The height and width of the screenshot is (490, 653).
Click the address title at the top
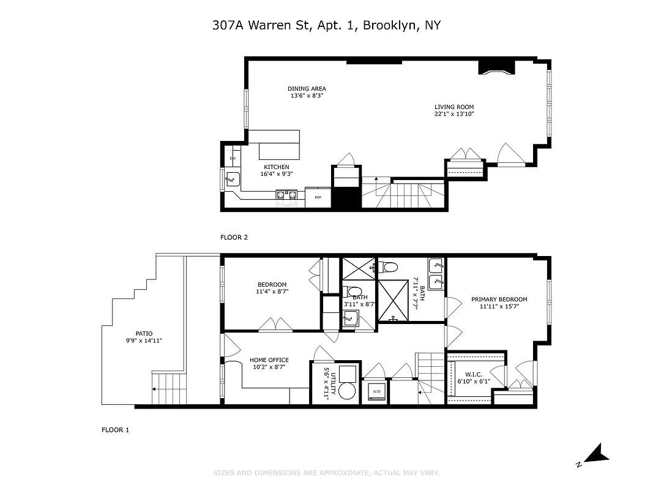click(326, 25)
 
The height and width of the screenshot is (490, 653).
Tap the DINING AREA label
click(307, 89)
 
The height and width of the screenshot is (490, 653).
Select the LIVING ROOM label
click(454, 107)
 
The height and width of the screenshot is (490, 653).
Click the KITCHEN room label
click(276, 167)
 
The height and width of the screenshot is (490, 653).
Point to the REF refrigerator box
click(318, 197)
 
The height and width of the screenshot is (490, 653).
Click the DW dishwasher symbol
click(233, 159)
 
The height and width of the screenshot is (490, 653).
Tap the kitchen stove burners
click(286, 195)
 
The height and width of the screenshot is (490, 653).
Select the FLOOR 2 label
click(234, 237)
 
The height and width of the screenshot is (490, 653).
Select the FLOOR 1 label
click(115, 430)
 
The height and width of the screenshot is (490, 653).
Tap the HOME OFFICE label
click(269, 360)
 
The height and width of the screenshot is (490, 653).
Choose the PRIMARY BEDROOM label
click(499, 300)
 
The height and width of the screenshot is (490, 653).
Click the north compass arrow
click(595, 454)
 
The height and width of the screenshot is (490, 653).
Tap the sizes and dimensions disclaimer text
click(326, 473)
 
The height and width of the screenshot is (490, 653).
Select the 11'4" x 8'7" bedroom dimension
click(272, 292)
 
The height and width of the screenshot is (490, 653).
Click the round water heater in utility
click(347, 391)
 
